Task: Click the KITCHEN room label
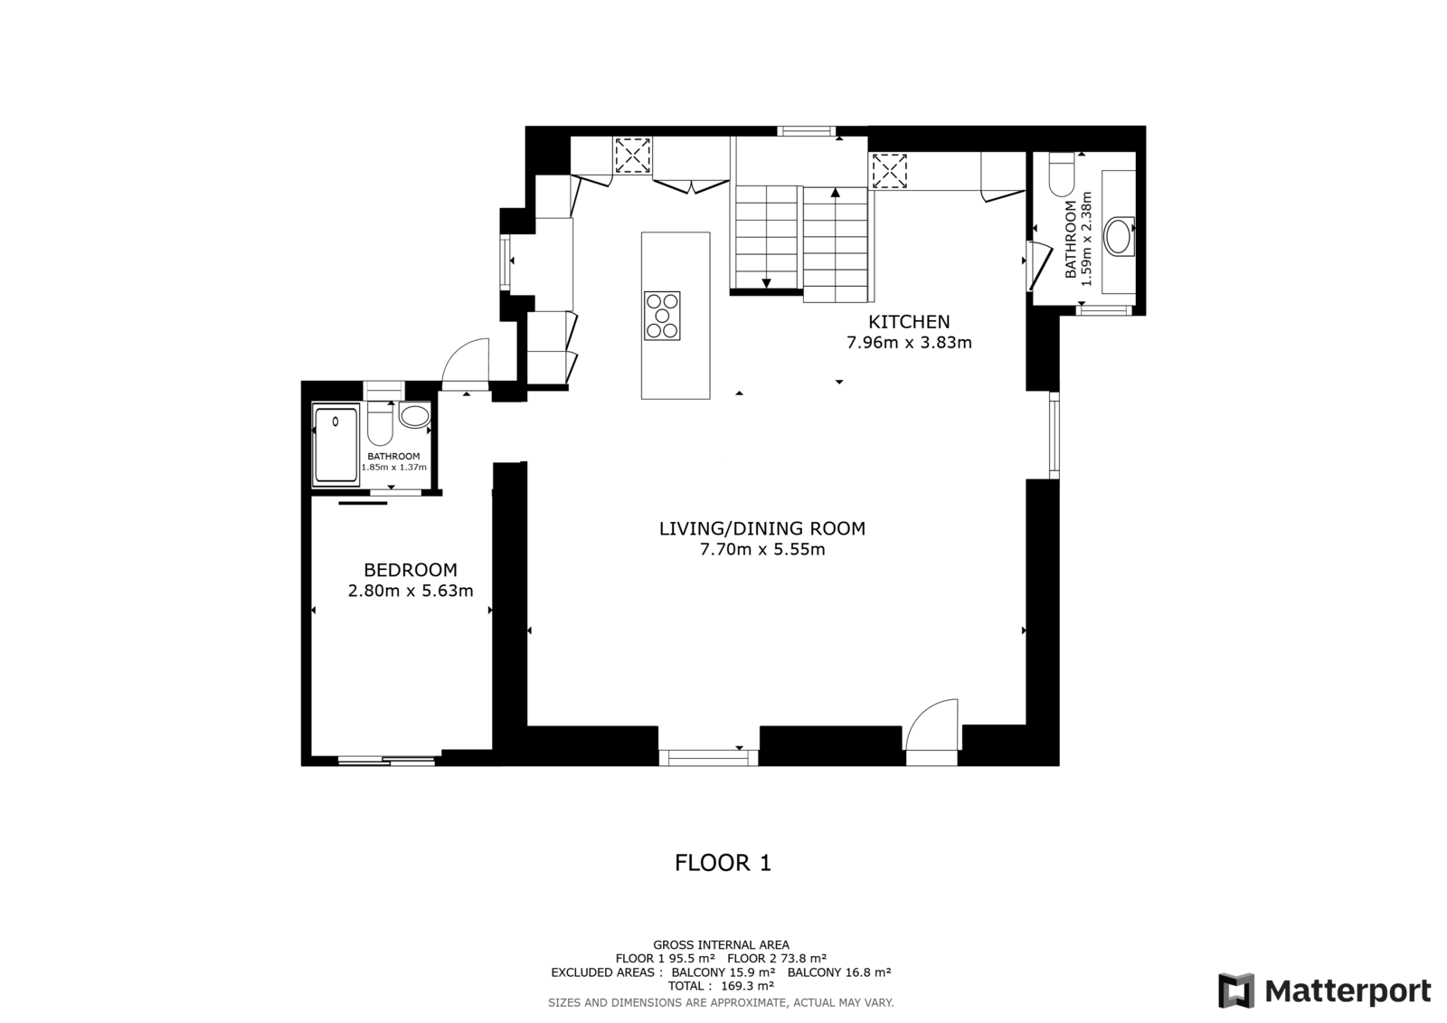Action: [x=909, y=322]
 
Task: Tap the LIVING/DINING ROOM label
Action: [x=762, y=528]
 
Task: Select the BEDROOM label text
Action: [x=411, y=570]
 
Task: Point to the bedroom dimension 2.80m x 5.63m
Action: [x=411, y=591]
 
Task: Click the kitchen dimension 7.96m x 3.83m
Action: [x=909, y=343]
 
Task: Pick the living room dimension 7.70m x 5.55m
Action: [x=762, y=549]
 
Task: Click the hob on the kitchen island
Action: [x=662, y=316]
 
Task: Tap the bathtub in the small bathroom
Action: [x=336, y=445]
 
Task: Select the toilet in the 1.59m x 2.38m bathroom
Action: [x=1062, y=175]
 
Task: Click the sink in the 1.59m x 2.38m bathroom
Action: [x=1120, y=236]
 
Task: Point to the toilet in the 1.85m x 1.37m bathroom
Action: [x=380, y=423]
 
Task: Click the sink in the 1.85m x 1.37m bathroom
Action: [x=415, y=415]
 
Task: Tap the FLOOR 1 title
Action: [x=723, y=863]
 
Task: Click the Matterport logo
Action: [x=1324, y=990]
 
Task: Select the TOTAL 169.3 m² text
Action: [x=721, y=986]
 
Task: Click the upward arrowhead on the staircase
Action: [x=836, y=192]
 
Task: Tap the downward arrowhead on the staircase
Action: [x=766, y=283]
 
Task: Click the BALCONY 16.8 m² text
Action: [x=839, y=972]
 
